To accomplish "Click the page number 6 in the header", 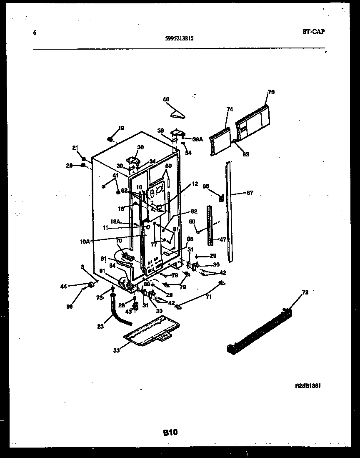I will [34, 33].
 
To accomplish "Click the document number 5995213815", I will [179, 38].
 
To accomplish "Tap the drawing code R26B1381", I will [307, 386].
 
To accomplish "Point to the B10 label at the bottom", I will [170, 433].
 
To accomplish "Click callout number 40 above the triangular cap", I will [166, 99].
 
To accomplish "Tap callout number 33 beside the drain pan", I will [116, 350].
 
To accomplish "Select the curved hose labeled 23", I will [120, 312].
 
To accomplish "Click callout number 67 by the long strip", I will [250, 193].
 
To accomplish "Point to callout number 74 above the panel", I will [230, 109].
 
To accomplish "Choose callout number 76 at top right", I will [271, 92].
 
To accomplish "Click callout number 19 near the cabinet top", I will [121, 128].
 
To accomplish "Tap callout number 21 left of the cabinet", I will [75, 148].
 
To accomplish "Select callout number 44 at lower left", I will [64, 286].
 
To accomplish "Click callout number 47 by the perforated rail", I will [223, 240].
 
